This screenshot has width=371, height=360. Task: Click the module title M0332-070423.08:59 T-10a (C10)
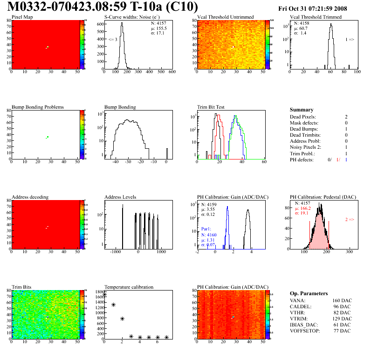(103, 7)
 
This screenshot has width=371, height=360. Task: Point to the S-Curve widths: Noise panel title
(131, 17)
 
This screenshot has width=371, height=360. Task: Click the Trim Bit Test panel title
(211, 107)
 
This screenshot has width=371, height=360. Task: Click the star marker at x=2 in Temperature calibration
(122, 318)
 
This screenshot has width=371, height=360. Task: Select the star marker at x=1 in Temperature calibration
(113, 305)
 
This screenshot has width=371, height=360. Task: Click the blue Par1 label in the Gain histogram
(206, 229)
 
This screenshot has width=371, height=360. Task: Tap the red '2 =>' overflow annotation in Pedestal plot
(350, 219)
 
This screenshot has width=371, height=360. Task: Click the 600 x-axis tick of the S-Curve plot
(172, 72)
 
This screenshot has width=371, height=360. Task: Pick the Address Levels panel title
(120, 197)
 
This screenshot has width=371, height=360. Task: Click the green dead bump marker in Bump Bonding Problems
(47, 137)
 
